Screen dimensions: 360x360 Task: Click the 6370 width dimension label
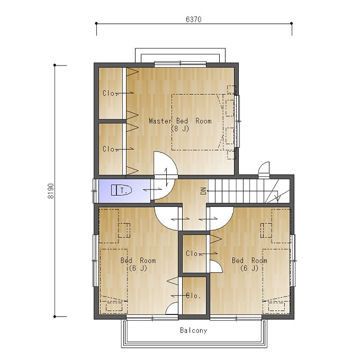194,20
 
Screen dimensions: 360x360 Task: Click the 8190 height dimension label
51,191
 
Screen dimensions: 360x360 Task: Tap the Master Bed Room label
180,121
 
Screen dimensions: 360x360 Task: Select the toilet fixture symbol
121,190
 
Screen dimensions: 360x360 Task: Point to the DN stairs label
203,191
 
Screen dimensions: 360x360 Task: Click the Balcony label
194,330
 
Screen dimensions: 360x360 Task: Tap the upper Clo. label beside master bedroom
109,93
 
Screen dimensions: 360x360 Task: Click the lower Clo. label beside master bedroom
109,149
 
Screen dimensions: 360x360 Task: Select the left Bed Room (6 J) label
138,264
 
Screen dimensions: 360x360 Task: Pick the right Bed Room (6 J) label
249,264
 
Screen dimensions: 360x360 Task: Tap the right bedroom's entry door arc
227,223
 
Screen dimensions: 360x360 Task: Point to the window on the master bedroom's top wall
180,64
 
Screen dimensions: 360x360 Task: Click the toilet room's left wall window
95,191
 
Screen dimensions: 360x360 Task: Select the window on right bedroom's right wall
293,260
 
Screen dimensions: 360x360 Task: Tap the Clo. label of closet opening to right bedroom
192,254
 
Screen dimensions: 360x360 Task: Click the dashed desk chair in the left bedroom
124,230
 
